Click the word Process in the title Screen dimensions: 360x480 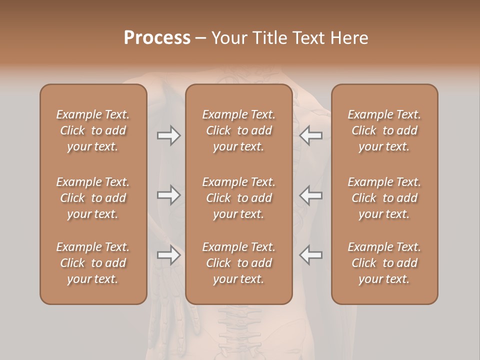(x=157, y=37)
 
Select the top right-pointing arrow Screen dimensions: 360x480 (x=169, y=135)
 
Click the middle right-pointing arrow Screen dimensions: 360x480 (x=169, y=195)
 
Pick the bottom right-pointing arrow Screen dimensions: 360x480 (x=169, y=255)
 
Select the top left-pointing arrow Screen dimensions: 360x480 (x=311, y=135)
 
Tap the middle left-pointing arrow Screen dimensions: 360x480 (x=311, y=195)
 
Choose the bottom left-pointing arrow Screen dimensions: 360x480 (x=311, y=255)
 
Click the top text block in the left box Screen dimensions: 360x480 (x=93, y=130)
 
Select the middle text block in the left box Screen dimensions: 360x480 (x=93, y=198)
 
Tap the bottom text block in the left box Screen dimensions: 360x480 (x=93, y=263)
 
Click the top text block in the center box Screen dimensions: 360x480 (x=239, y=130)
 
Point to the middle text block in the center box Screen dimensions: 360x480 (x=239, y=198)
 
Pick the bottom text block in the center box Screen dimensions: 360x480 (x=239, y=263)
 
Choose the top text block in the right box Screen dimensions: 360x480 (x=384, y=130)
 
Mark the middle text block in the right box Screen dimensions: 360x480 (x=384, y=198)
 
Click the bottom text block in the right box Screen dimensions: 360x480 (x=384, y=263)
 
